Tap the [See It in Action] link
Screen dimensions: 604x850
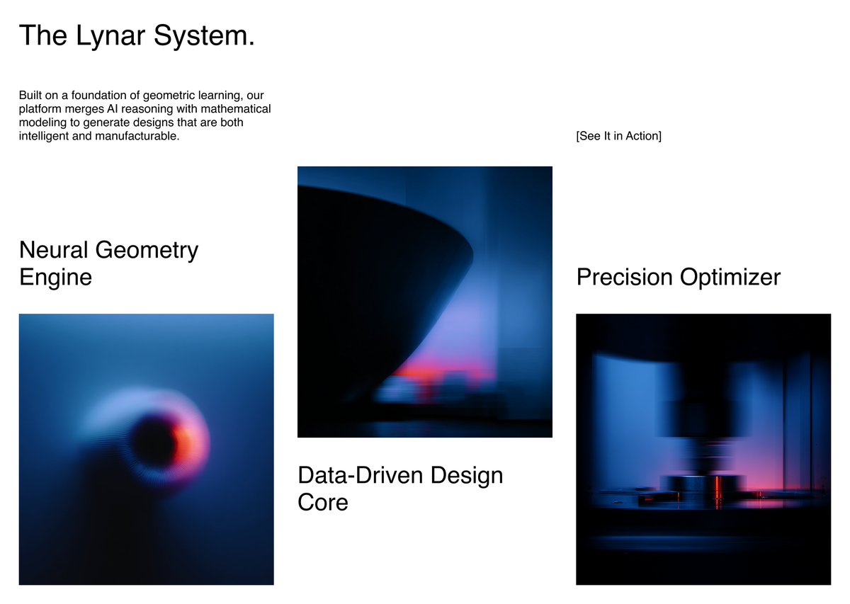click(x=618, y=136)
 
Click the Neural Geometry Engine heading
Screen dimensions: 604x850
click(x=108, y=263)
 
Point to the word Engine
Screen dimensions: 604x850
click(x=55, y=276)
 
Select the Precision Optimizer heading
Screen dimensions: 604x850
click(x=678, y=276)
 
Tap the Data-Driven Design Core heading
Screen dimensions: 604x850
click(x=400, y=488)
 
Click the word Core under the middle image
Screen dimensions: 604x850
click(x=323, y=502)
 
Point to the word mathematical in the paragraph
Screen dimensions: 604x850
click(x=238, y=108)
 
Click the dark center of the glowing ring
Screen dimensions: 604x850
click(x=154, y=440)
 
